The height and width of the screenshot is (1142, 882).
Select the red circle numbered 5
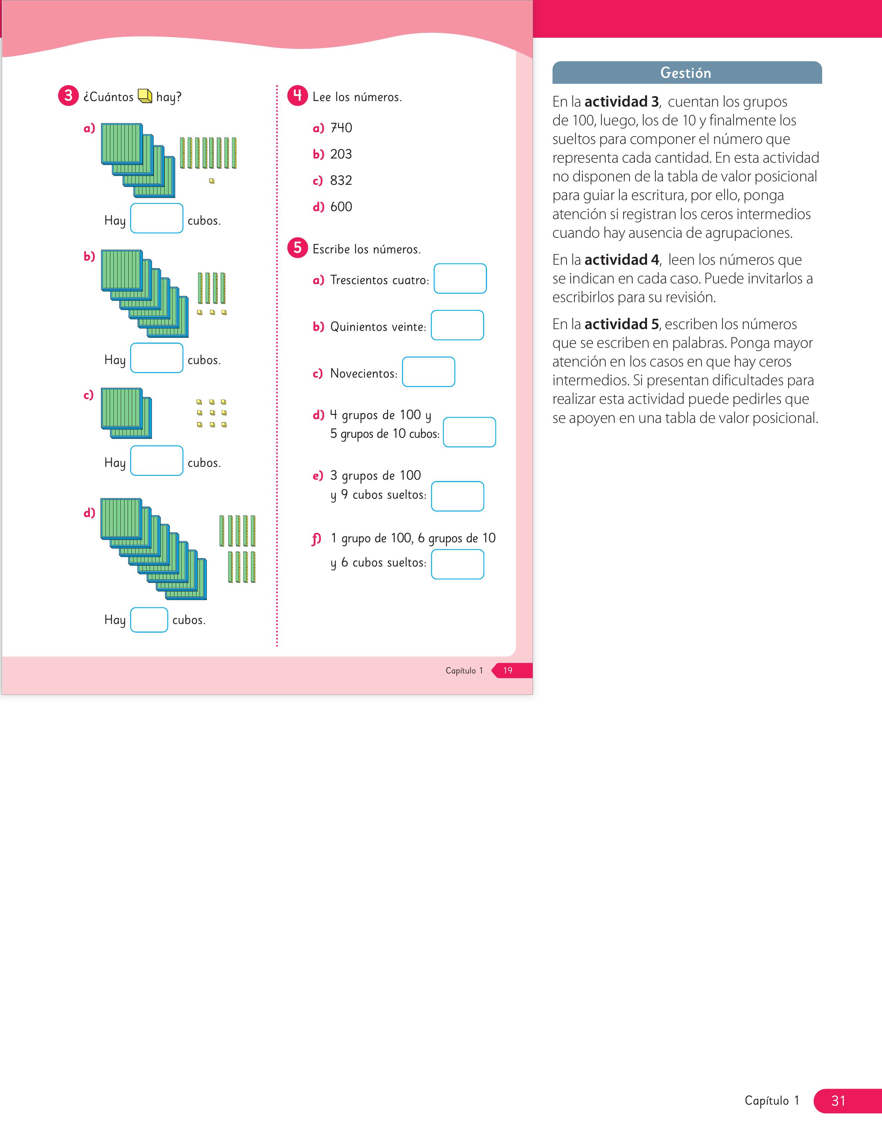coord(297,248)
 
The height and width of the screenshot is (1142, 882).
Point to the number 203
coord(341,154)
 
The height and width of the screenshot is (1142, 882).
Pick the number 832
coord(341,180)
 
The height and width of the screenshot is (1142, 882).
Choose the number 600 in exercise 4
coord(341,207)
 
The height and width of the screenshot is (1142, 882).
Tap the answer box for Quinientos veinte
coord(457,325)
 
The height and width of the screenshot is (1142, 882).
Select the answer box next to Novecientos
coord(429,372)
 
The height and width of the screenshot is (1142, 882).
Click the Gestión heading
coord(686,73)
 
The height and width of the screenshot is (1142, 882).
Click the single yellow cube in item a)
coord(212,181)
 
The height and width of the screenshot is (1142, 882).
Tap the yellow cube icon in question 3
coord(145,96)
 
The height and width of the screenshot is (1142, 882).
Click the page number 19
coord(508,670)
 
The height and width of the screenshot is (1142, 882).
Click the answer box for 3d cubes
coord(149,620)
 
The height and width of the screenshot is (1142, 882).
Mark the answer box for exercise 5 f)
coord(458,564)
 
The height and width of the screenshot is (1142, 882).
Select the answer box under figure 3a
coord(157,218)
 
